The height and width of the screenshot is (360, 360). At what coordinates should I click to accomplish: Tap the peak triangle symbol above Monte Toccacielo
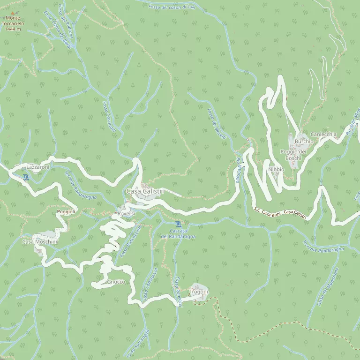click(x=13, y=13)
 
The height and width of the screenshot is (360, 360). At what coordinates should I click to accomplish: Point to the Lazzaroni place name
click(x=37, y=167)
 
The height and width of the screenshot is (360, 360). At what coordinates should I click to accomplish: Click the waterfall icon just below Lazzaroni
click(x=25, y=177)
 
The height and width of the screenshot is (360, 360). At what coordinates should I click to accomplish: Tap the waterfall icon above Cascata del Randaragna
click(x=178, y=224)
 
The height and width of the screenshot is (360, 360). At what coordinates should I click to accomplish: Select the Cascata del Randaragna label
click(x=178, y=233)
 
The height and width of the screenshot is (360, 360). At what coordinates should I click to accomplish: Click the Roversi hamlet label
click(x=126, y=213)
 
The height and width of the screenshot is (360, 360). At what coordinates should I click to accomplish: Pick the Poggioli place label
click(x=66, y=212)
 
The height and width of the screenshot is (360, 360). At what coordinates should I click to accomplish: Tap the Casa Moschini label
click(x=40, y=241)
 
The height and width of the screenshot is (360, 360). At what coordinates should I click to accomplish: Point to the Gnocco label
click(x=116, y=282)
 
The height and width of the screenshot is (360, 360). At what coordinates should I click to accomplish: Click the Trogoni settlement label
click(x=198, y=292)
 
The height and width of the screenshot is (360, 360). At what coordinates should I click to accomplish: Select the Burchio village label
click(x=304, y=141)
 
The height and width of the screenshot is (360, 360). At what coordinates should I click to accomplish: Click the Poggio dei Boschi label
click(x=293, y=155)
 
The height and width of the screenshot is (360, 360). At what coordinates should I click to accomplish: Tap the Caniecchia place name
click(x=323, y=134)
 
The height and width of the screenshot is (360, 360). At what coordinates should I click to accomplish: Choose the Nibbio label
click(x=276, y=169)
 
